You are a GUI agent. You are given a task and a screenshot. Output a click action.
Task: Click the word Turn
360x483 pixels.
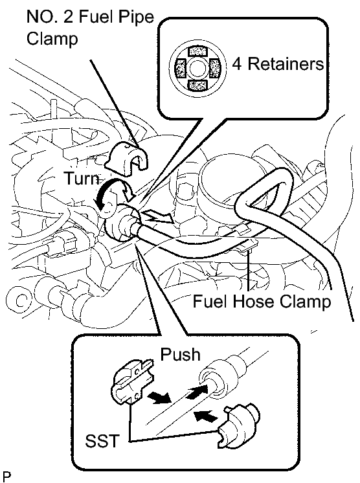82,178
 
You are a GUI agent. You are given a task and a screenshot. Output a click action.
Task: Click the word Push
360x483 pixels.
180,354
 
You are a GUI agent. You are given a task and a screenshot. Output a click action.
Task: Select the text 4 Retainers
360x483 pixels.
278,64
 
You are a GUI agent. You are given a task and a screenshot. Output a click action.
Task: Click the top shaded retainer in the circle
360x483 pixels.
197,51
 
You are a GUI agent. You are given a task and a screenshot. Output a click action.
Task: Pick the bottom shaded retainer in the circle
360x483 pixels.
197,85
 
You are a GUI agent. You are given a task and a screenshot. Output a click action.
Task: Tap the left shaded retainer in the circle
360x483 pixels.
180,68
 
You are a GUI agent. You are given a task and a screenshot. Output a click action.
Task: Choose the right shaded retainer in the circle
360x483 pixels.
215,68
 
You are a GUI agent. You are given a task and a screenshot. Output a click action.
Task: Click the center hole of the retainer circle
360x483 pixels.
197,68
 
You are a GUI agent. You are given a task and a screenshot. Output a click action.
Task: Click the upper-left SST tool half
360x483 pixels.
132,382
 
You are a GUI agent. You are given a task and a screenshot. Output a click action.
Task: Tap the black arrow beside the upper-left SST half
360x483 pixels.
159,397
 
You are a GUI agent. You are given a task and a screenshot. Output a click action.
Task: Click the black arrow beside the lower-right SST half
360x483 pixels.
206,416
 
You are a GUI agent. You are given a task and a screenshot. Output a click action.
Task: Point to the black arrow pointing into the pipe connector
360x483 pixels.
196,391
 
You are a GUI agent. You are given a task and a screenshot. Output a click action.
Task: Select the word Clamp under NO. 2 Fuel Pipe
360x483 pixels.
52,39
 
